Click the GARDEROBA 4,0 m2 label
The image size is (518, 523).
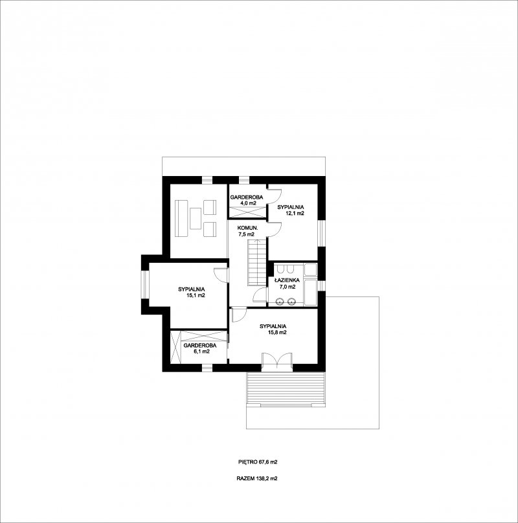(x=247, y=200)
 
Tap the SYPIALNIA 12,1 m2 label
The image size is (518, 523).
(x=291, y=210)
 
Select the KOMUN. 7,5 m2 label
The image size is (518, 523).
(x=247, y=231)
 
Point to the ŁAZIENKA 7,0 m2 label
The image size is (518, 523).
(x=287, y=283)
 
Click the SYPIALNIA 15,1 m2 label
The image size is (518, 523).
(x=192, y=292)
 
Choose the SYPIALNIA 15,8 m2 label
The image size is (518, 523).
(x=273, y=329)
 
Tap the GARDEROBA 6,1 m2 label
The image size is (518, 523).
(x=200, y=348)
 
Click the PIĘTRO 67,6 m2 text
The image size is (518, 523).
(x=258, y=462)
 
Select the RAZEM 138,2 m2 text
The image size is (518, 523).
(x=257, y=478)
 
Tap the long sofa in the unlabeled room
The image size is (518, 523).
(x=181, y=219)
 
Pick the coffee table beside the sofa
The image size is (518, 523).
(x=196, y=218)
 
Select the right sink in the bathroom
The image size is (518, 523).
(x=291, y=302)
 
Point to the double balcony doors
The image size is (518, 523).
(x=277, y=361)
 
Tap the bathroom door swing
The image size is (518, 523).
(x=260, y=296)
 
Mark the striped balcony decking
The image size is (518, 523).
(x=286, y=388)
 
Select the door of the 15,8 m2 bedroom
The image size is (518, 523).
(x=239, y=315)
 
